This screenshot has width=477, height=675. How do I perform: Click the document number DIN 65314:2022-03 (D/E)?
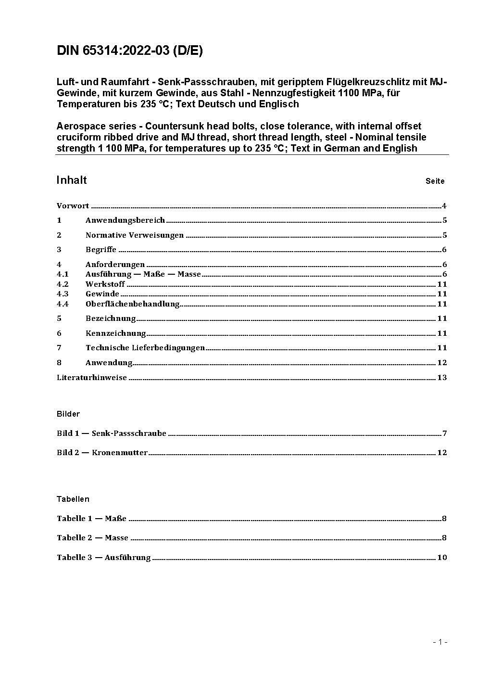click(x=129, y=51)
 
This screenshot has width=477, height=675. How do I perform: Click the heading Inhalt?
click(x=72, y=180)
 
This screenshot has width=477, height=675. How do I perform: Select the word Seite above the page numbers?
click(x=435, y=181)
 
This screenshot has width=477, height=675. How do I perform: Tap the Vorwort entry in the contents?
click(x=73, y=206)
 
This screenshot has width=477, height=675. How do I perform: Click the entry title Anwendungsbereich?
click(x=125, y=220)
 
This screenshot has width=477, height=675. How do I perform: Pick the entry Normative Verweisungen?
click(x=135, y=235)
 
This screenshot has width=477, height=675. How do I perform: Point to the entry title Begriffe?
click(x=101, y=250)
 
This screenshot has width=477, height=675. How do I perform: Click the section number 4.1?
click(x=63, y=274)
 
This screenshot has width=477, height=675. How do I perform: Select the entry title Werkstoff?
click(x=105, y=284)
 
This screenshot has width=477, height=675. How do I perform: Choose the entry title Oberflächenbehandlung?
click(x=132, y=304)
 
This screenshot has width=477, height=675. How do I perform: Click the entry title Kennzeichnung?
click(x=115, y=333)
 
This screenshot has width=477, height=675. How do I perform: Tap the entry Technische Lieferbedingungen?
click(x=145, y=348)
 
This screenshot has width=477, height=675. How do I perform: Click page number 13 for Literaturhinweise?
click(x=442, y=378)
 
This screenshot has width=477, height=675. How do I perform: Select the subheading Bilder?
click(x=68, y=414)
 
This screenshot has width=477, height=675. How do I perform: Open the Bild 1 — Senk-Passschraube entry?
click(x=112, y=433)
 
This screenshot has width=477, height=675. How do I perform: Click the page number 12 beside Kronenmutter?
click(x=442, y=453)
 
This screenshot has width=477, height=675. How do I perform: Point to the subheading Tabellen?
click(x=73, y=499)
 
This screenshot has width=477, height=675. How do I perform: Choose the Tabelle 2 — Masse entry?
click(x=92, y=538)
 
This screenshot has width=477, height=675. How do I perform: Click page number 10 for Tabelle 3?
click(x=442, y=558)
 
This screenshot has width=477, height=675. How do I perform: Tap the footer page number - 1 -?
click(x=440, y=642)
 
